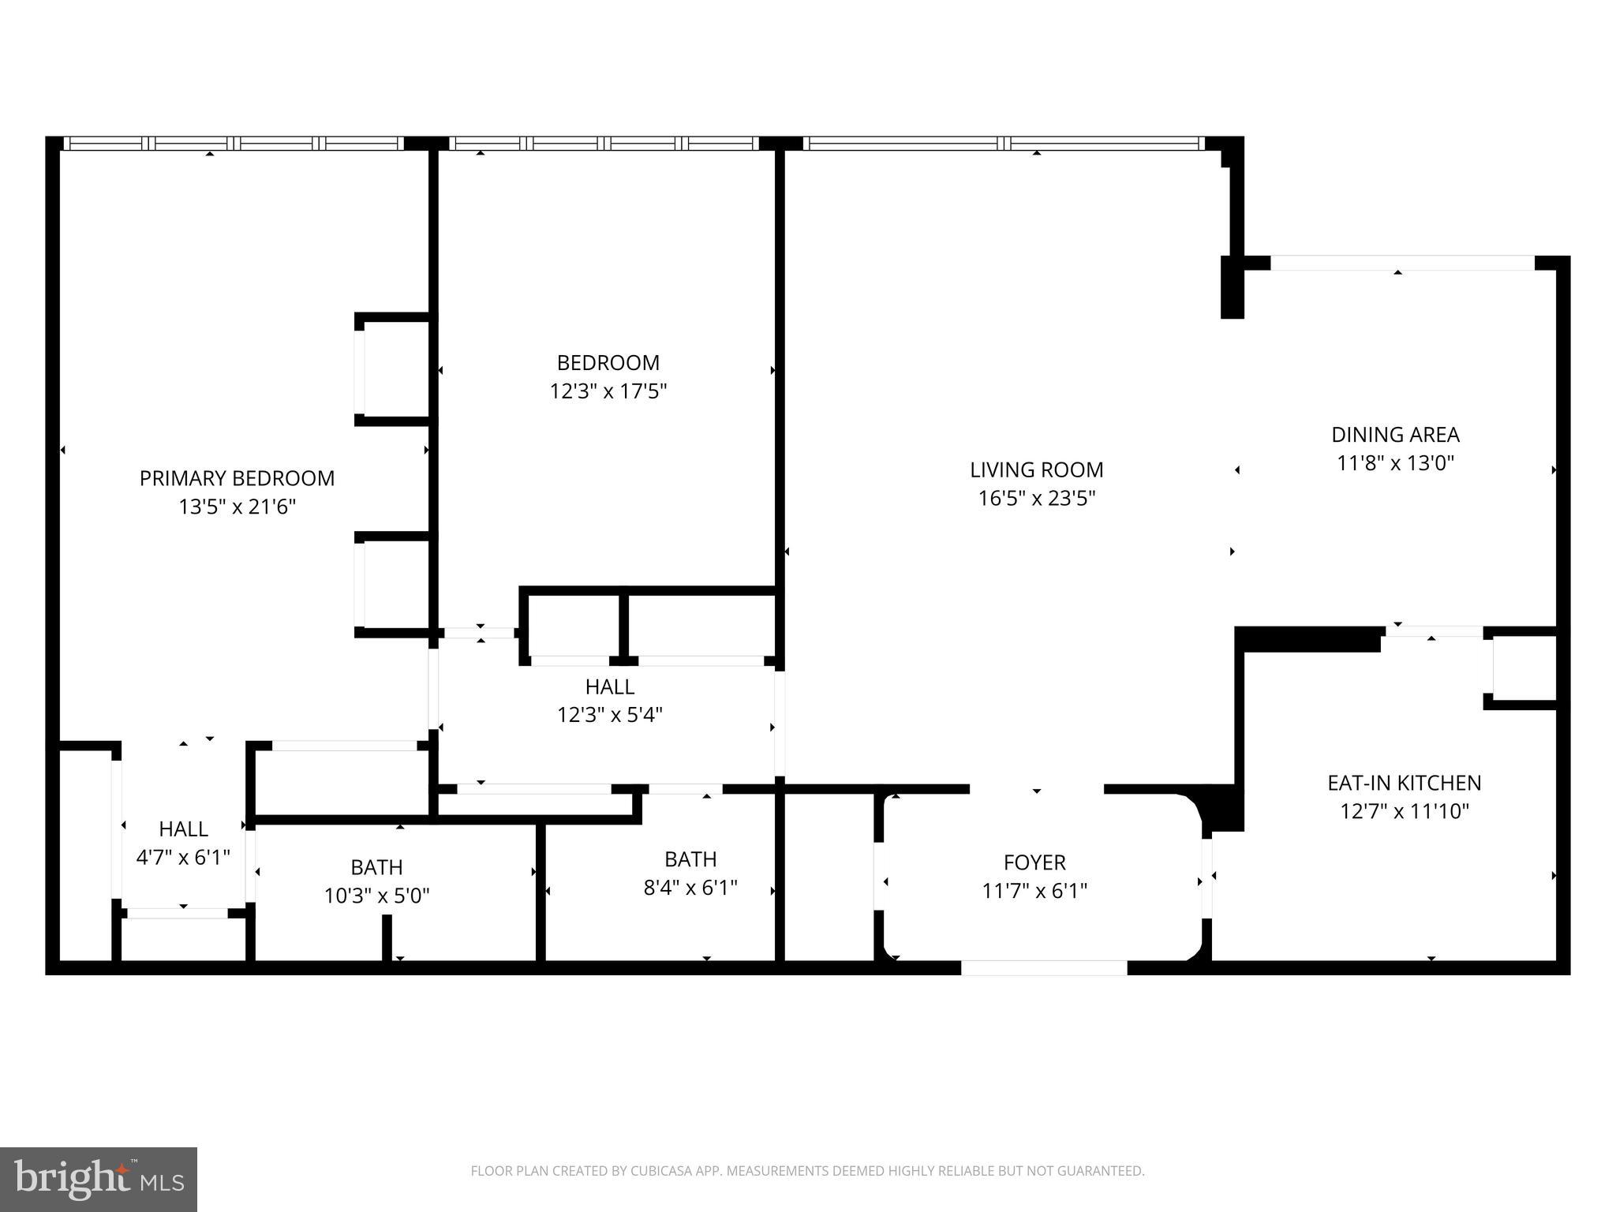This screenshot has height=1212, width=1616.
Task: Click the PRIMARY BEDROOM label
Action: click(237, 478)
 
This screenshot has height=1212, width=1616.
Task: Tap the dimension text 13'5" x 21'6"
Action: click(237, 507)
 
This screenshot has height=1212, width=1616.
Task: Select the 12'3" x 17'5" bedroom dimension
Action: click(608, 391)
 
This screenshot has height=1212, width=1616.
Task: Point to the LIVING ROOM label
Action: click(1036, 469)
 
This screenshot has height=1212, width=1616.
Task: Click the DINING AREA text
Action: click(1395, 435)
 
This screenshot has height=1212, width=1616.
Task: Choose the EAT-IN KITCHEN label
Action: click(1404, 783)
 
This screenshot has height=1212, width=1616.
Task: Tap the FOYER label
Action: click(1034, 862)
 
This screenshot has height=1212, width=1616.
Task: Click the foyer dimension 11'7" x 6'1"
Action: click(1034, 891)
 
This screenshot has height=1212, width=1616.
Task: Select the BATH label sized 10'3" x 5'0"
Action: click(376, 867)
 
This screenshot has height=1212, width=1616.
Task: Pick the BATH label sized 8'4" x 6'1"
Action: click(690, 858)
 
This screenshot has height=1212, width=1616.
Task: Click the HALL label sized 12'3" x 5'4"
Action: click(609, 686)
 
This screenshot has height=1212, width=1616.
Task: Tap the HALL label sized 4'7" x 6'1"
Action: click(183, 829)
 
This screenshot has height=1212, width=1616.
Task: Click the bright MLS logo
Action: click(99, 1179)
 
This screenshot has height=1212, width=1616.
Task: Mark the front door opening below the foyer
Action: click(1043, 967)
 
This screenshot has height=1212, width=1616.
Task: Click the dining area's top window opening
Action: click(1401, 263)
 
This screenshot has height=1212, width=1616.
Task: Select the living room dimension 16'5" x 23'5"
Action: click(1036, 499)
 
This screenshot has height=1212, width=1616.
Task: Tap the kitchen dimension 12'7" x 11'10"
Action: click(1404, 811)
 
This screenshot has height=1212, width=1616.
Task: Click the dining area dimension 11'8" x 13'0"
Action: click(1395, 463)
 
